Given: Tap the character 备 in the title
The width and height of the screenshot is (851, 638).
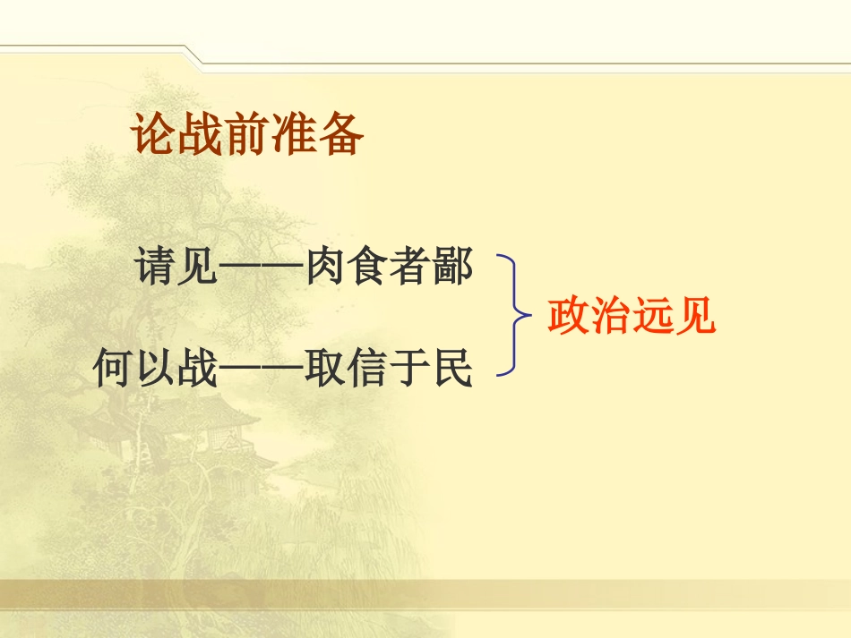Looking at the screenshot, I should click(x=340, y=135).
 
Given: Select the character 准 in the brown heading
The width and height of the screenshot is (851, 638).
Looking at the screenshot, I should click(x=294, y=135).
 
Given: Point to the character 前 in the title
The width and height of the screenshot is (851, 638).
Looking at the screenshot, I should click(x=247, y=135).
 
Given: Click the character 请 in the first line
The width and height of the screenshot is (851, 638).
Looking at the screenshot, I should click(x=157, y=268).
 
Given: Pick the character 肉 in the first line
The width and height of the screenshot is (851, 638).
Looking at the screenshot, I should click(x=326, y=268).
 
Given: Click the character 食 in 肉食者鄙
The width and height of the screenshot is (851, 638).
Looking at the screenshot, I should click(x=368, y=268).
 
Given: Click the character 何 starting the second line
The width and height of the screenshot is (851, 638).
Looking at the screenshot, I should click(x=114, y=368).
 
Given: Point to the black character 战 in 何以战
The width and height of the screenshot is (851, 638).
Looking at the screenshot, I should click(x=198, y=368).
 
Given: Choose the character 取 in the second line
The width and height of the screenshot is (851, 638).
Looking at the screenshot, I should click(x=326, y=368).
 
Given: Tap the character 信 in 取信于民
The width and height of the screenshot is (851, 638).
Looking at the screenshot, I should click(x=368, y=368).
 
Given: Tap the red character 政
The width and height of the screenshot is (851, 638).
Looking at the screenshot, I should click(x=568, y=316).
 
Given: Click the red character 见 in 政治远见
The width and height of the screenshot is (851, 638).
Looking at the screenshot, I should click(x=695, y=316).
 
